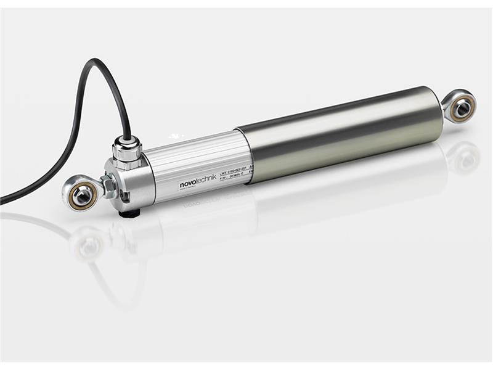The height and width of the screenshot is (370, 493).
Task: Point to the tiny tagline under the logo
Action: [x=192, y=189]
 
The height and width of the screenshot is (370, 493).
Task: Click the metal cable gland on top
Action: [x=127, y=153]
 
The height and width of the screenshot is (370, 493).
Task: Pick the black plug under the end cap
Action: [x=130, y=213]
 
